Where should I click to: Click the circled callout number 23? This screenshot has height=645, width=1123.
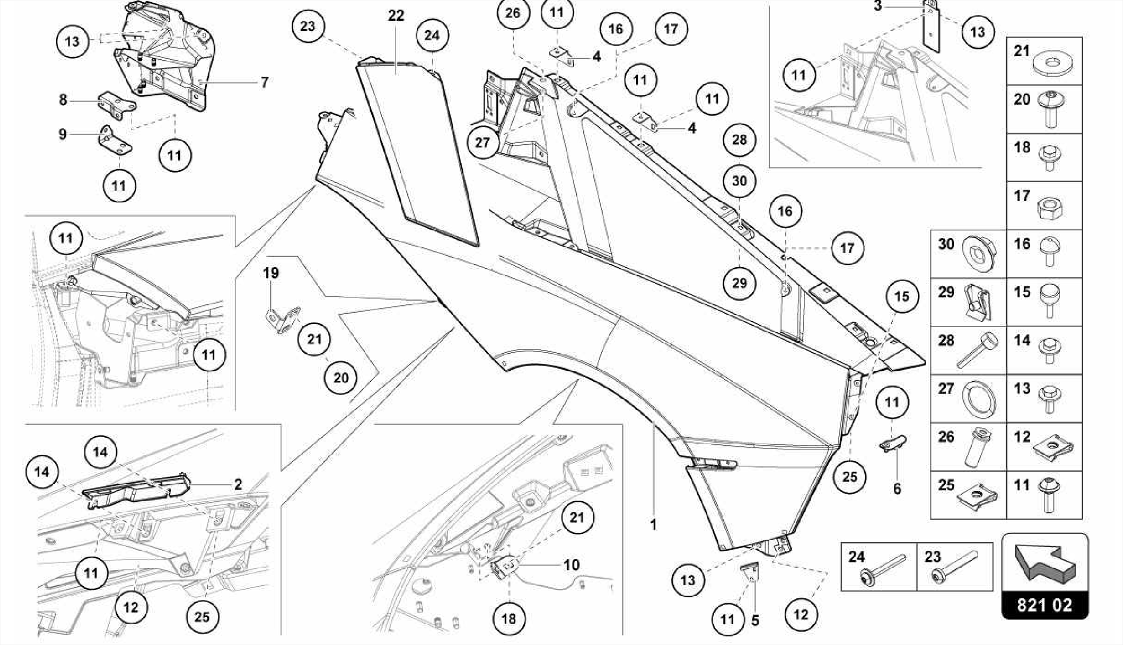pos(308,26)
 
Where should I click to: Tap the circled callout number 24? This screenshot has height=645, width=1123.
pos(432,36)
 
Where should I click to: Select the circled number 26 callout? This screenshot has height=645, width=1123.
pos(513,13)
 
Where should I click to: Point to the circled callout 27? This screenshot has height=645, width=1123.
pos(483,143)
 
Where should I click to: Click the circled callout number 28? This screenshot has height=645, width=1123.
pos(739,140)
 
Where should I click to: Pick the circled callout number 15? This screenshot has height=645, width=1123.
pos(901,297)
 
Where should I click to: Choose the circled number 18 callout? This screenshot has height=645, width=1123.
pos(508,619)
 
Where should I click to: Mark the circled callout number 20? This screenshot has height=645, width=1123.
pos(341,378)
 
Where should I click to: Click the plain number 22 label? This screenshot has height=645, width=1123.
pos(396,16)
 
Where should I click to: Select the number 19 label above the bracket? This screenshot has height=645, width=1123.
pos(271,273)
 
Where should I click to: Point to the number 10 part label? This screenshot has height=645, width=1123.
pos(571,565)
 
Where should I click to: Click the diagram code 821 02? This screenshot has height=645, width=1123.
pos(1044,605)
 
